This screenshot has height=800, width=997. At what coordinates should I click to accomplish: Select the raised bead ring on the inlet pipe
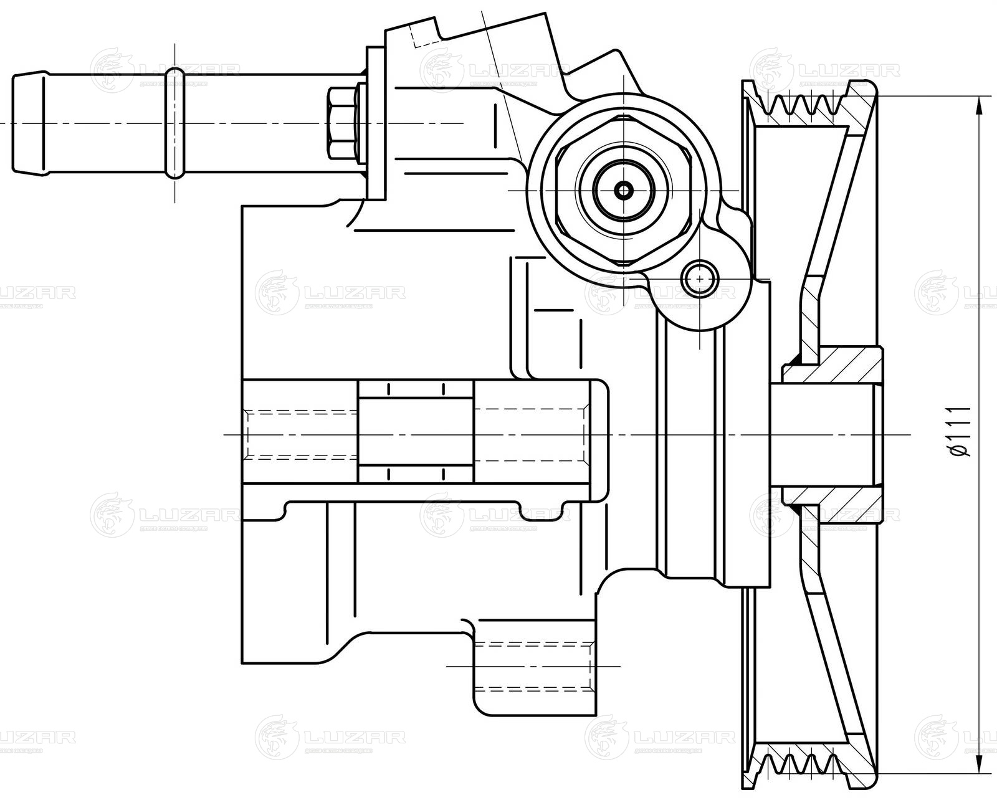176,123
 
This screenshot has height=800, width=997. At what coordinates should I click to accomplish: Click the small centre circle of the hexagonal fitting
623,190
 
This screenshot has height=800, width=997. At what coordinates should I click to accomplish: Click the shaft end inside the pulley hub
823,432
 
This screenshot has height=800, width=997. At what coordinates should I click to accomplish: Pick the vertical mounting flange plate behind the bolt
376,125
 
